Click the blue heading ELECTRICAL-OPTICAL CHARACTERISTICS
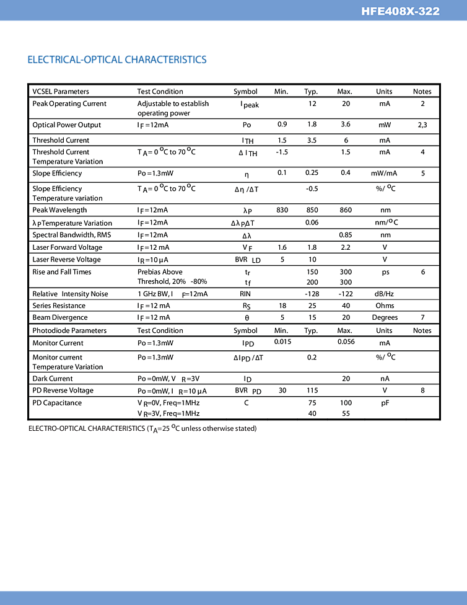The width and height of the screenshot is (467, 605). tap(117, 60)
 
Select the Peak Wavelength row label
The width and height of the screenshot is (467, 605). tap(59, 210)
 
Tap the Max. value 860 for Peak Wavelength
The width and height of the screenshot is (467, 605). tap(346, 210)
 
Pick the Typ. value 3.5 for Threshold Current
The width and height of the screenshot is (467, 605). tap(312, 140)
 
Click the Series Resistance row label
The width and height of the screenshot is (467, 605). tap(59, 306)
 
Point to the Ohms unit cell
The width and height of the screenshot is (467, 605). tap(385, 306)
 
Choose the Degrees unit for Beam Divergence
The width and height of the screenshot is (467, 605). tap(385, 317)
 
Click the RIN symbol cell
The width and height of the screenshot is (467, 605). tap(245, 294)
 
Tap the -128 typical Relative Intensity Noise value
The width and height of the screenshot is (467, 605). tap(312, 294)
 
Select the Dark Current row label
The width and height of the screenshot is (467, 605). tap(53, 379)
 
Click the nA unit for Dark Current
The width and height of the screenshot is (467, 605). tap(385, 379)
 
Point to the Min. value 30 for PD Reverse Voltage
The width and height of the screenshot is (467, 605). tap(282, 391)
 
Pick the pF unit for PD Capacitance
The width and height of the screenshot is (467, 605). tap(385, 403)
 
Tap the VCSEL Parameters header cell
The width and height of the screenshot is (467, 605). tap(61, 91)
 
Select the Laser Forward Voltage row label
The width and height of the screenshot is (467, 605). tap(67, 247)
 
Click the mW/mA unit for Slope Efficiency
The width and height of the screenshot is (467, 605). tap(384, 174)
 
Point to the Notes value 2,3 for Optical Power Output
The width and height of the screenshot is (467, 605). tap(422, 125)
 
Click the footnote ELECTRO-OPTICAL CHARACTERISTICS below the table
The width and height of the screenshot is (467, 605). tap(142, 428)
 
